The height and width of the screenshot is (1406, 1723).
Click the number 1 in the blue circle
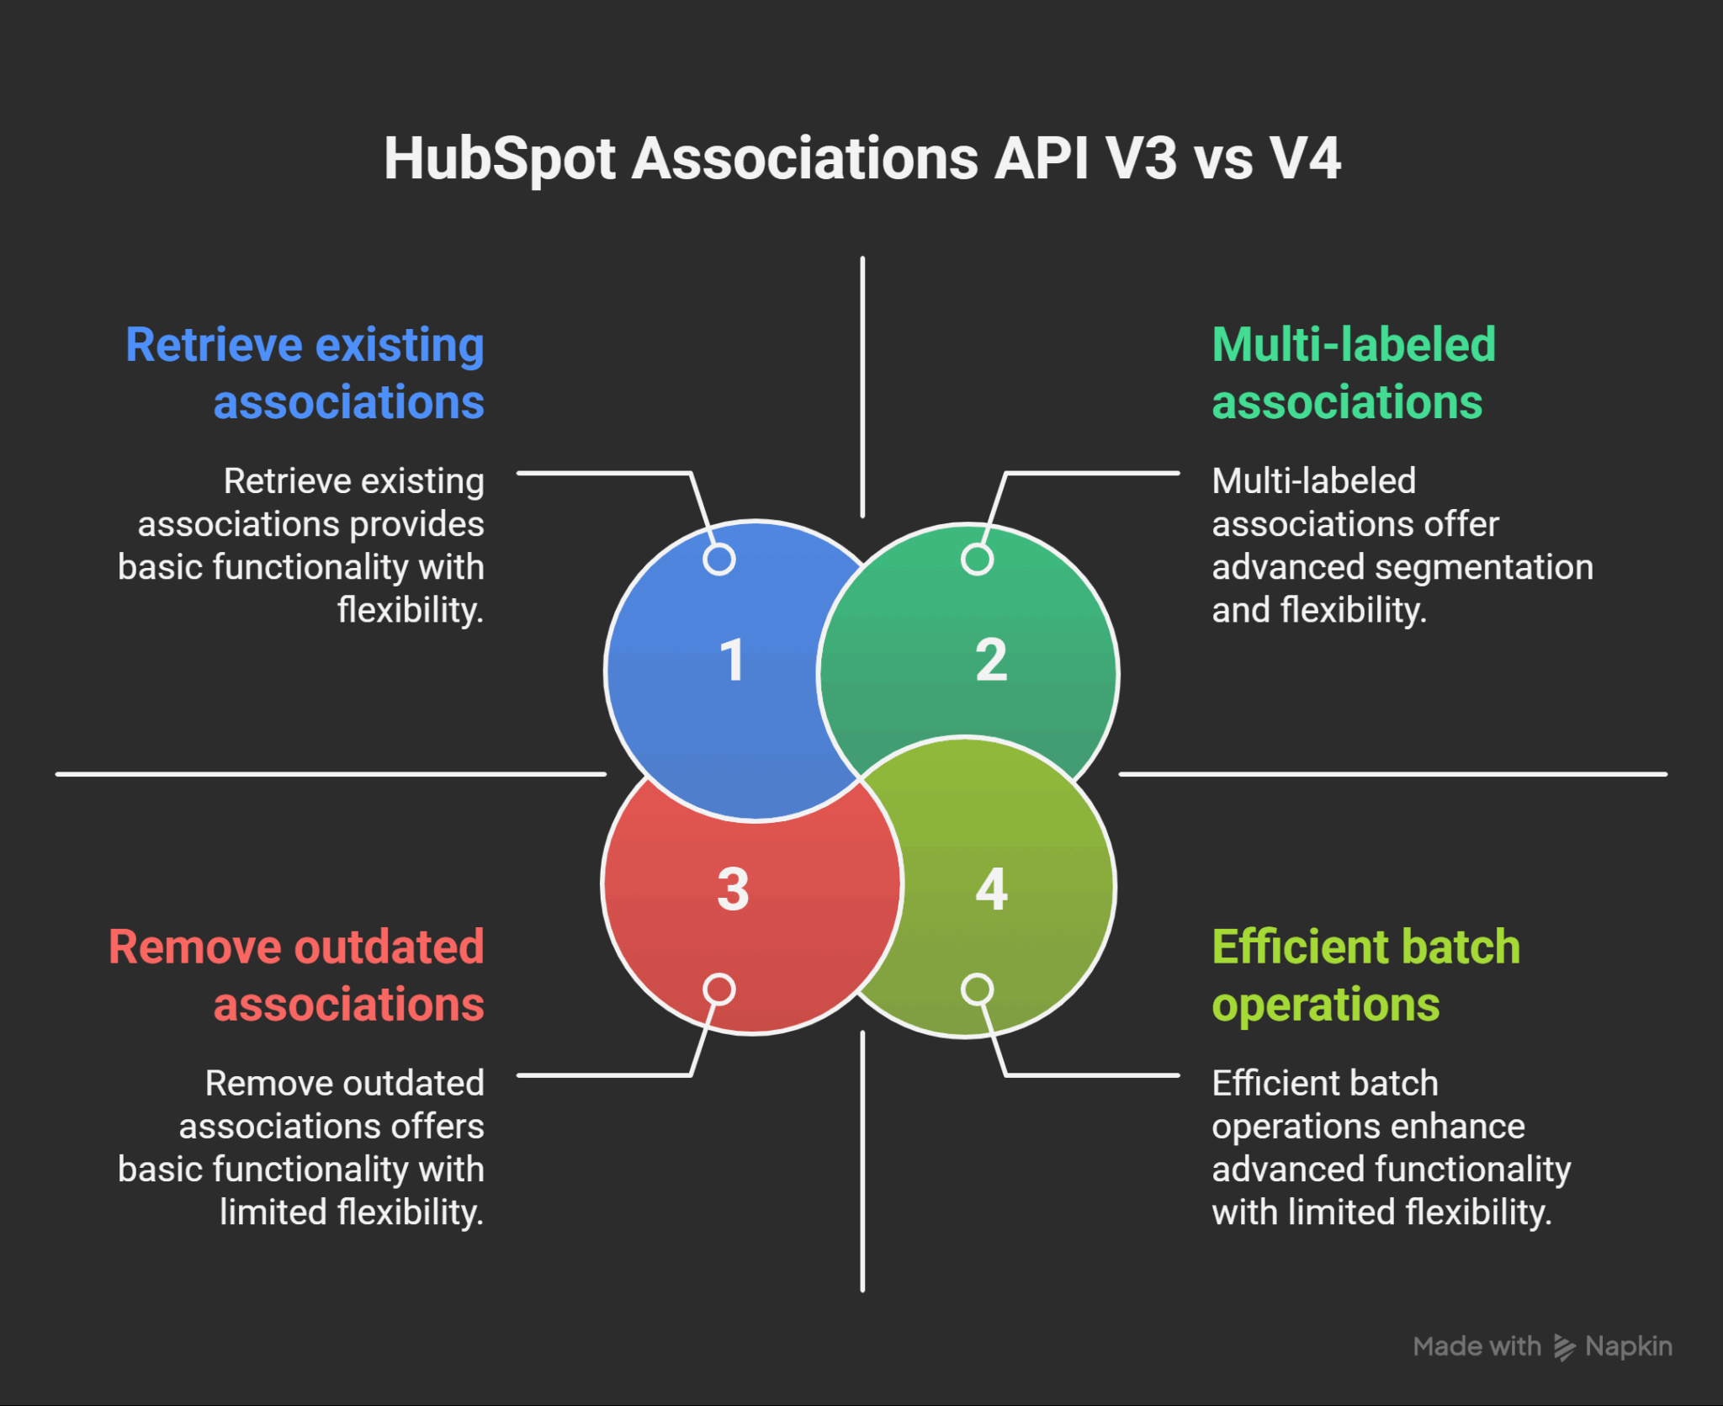[x=733, y=660]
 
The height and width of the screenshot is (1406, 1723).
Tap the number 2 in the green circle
[x=991, y=660]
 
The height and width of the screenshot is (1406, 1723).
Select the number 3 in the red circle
[x=733, y=889]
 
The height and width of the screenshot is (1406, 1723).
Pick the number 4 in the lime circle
[x=992, y=889]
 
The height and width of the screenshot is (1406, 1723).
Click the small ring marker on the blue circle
[x=719, y=560]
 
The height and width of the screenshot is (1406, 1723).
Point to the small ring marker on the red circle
[x=719, y=990]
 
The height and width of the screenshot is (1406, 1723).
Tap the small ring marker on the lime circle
[x=977, y=990]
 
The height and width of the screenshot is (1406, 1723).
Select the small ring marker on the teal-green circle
[x=977, y=560]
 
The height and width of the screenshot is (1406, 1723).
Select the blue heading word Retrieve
[x=214, y=345]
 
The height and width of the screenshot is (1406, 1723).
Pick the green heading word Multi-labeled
[x=1354, y=345]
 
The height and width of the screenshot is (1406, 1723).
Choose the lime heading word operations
[x=1326, y=1005]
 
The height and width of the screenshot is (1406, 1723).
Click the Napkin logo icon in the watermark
[x=1564, y=1347]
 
